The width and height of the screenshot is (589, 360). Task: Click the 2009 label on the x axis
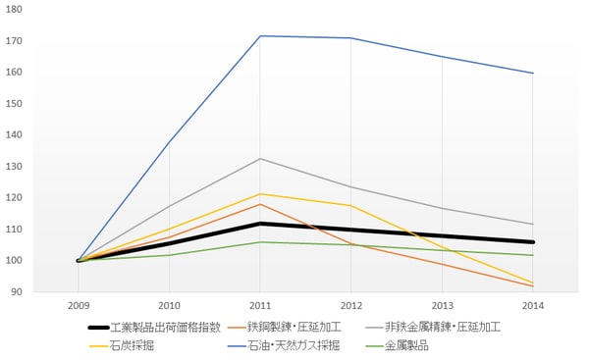pos(78,306)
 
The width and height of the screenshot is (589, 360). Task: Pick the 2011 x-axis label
pos(260,306)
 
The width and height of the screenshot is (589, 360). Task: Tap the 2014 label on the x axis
pos(533,306)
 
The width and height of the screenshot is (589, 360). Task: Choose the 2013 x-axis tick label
pos(442,306)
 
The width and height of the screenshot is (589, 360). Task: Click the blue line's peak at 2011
pos(260,36)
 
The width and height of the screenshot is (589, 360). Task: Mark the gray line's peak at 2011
pos(260,159)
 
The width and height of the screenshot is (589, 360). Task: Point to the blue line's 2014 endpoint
pos(533,73)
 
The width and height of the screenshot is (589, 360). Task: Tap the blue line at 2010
pos(169,142)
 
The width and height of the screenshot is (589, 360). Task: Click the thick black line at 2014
pos(533,241)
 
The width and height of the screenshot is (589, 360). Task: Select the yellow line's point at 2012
pos(350,205)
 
